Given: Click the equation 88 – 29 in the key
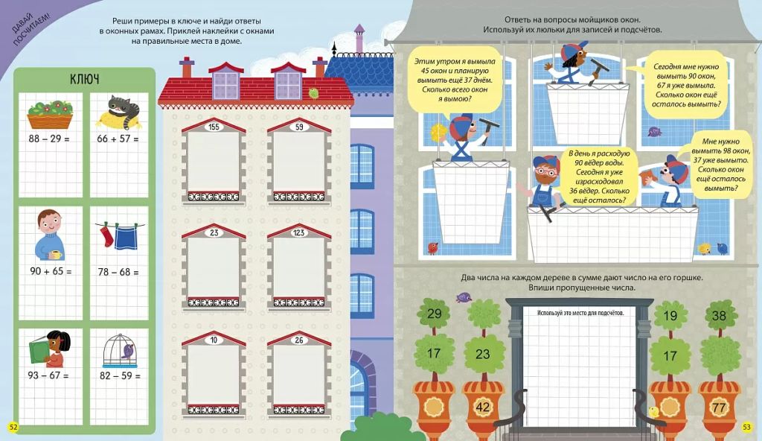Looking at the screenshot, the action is [48, 139].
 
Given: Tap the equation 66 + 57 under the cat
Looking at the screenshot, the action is [118, 139].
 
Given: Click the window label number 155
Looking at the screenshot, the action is [214, 127].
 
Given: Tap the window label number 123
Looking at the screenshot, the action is [299, 232].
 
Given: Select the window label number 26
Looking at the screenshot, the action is [299, 340].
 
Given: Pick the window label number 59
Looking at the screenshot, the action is [299, 127].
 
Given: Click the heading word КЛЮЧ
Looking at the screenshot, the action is [85, 79].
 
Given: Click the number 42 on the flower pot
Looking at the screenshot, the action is [482, 407].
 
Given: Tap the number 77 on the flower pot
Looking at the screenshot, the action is [718, 407].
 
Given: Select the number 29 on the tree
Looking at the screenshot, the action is [434, 314].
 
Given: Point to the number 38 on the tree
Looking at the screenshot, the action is [719, 316].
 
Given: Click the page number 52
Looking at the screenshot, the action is [13, 428].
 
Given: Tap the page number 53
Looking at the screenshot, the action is [746, 428].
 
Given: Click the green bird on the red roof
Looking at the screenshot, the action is [314, 93].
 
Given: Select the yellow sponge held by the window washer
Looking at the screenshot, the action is [439, 132].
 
